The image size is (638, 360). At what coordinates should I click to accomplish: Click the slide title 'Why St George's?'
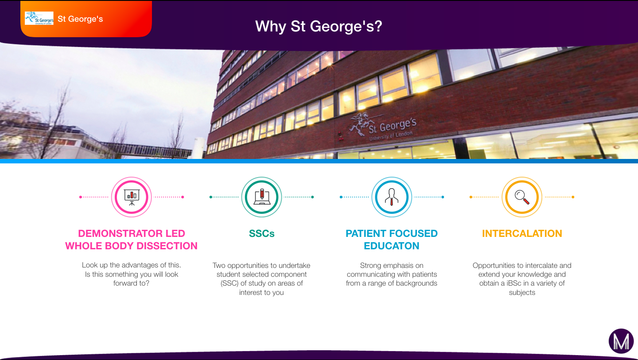(x=319, y=27)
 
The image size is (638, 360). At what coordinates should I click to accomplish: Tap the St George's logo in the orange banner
(x=39, y=18)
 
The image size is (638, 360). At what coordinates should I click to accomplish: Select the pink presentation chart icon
(x=131, y=197)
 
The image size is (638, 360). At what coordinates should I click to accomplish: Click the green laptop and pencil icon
(x=261, y=197)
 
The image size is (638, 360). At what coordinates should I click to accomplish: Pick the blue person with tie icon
(x=392, y=197)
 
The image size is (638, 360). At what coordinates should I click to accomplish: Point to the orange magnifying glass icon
(x=522, y=197)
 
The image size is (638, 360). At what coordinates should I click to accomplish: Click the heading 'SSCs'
(x=261, y=233)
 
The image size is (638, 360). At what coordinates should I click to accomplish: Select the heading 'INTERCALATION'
(x=522, y=233)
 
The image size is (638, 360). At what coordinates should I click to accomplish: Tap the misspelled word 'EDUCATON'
(x=392, y=246)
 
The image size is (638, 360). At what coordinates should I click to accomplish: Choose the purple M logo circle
(x=621, y=341)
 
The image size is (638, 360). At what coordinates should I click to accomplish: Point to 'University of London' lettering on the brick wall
(x=391, y=136)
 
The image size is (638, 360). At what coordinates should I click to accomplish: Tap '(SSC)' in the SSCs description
(x=230, y=283)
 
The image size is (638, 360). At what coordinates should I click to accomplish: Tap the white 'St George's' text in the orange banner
(x=80, y=19)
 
